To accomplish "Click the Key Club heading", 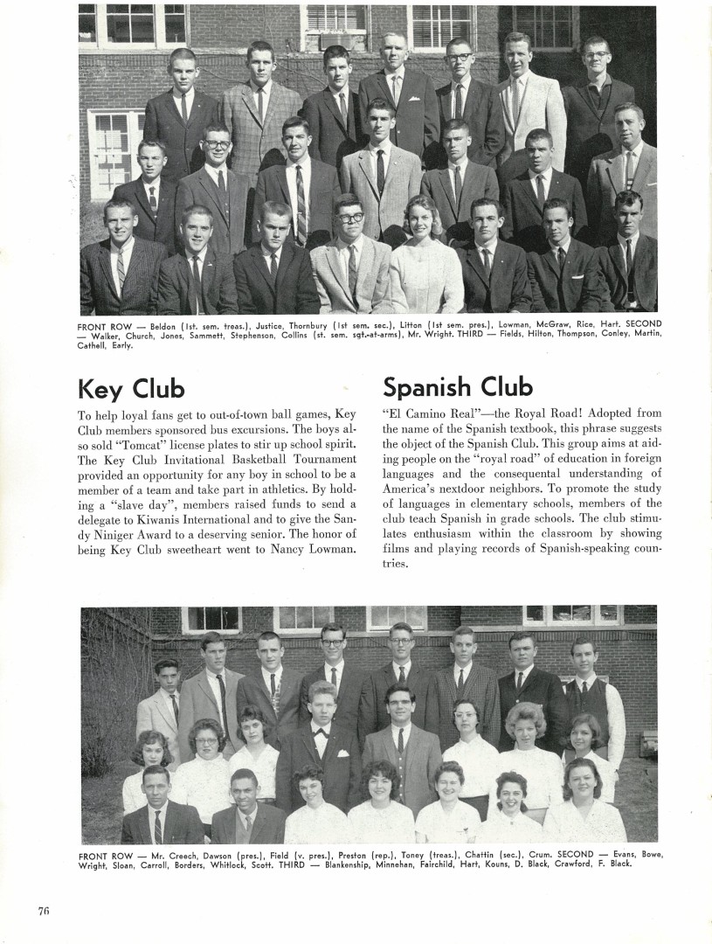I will point(131,387).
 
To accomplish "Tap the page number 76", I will point(44,911).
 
